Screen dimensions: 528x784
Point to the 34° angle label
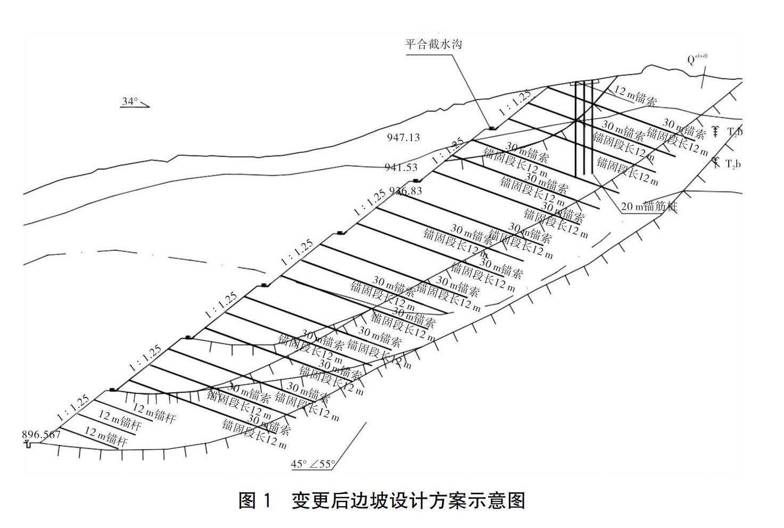130,101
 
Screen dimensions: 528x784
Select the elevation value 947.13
403,137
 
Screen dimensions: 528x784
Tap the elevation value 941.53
401,167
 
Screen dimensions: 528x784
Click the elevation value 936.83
406,191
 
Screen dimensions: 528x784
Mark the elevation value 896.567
42,434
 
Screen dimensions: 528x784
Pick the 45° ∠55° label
313,464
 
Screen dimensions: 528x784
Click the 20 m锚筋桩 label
649,206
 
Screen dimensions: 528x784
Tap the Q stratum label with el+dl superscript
697,59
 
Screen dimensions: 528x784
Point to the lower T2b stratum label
733,164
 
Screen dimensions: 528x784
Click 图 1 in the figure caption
255,500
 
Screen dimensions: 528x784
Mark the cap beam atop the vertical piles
584,82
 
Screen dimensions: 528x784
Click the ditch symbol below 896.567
28,443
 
